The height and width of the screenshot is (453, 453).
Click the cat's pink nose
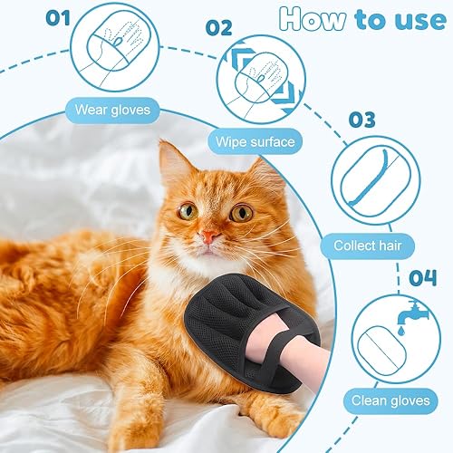click(209, 236)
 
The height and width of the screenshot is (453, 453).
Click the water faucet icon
click(404, 311)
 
